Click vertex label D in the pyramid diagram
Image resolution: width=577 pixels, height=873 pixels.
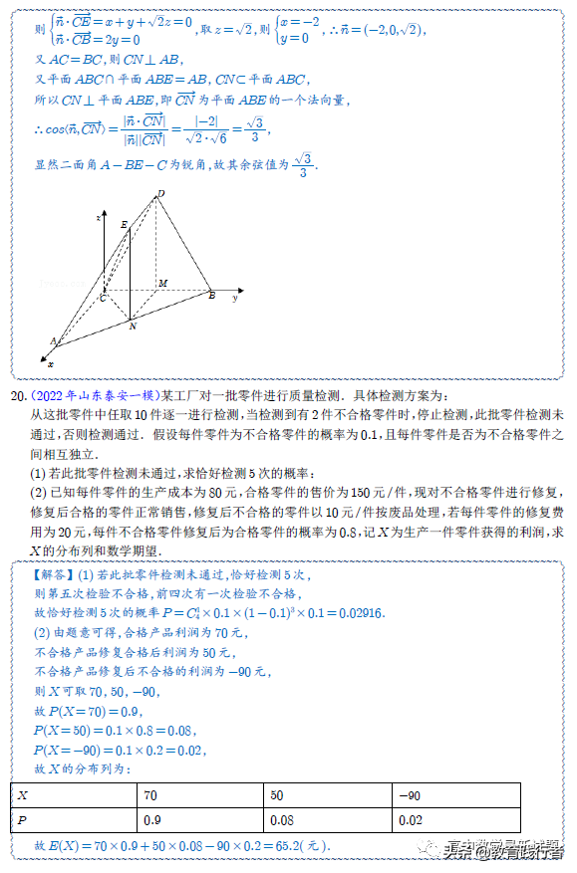[160, 193]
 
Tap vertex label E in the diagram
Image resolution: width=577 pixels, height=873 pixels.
[123, 226]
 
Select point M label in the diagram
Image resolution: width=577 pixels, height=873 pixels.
[162, 284]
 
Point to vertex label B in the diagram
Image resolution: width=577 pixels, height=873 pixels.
[211, 296]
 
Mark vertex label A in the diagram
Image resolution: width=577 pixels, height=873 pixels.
[52, 340]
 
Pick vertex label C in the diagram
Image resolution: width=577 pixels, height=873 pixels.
[102, 298]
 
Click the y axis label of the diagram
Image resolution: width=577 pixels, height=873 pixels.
[235, 297]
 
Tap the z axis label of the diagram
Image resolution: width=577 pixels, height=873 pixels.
[98, 216]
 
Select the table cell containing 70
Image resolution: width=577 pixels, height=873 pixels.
[199, 795]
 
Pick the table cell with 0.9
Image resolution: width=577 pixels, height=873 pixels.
[199, 821]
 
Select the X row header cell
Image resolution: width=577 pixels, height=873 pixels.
[74, 795]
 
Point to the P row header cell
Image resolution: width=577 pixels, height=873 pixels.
[74, 821]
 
